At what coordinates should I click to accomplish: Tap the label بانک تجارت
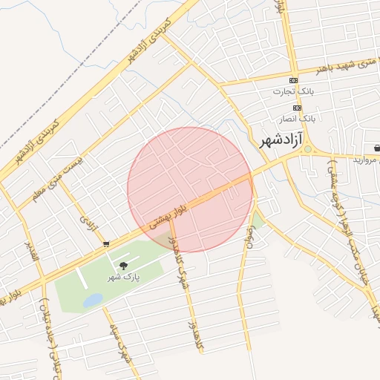293,92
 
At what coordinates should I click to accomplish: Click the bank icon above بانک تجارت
294,80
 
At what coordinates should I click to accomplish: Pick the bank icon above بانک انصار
297,107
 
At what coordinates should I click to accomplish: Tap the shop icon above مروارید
378,148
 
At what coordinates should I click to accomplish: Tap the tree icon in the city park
123,265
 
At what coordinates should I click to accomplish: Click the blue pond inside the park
93,300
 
